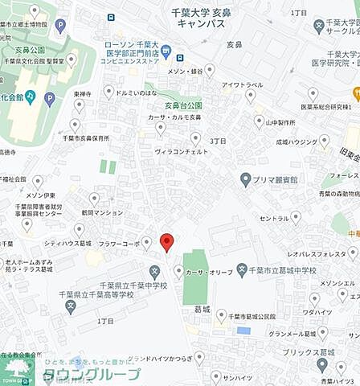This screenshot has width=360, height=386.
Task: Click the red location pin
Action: pyautogui.click(x=166, y=241)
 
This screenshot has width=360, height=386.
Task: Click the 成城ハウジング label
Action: pyautogui.click(x=297, y=142)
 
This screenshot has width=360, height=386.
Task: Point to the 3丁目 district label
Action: pyautogui.click(x=219, y=142)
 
